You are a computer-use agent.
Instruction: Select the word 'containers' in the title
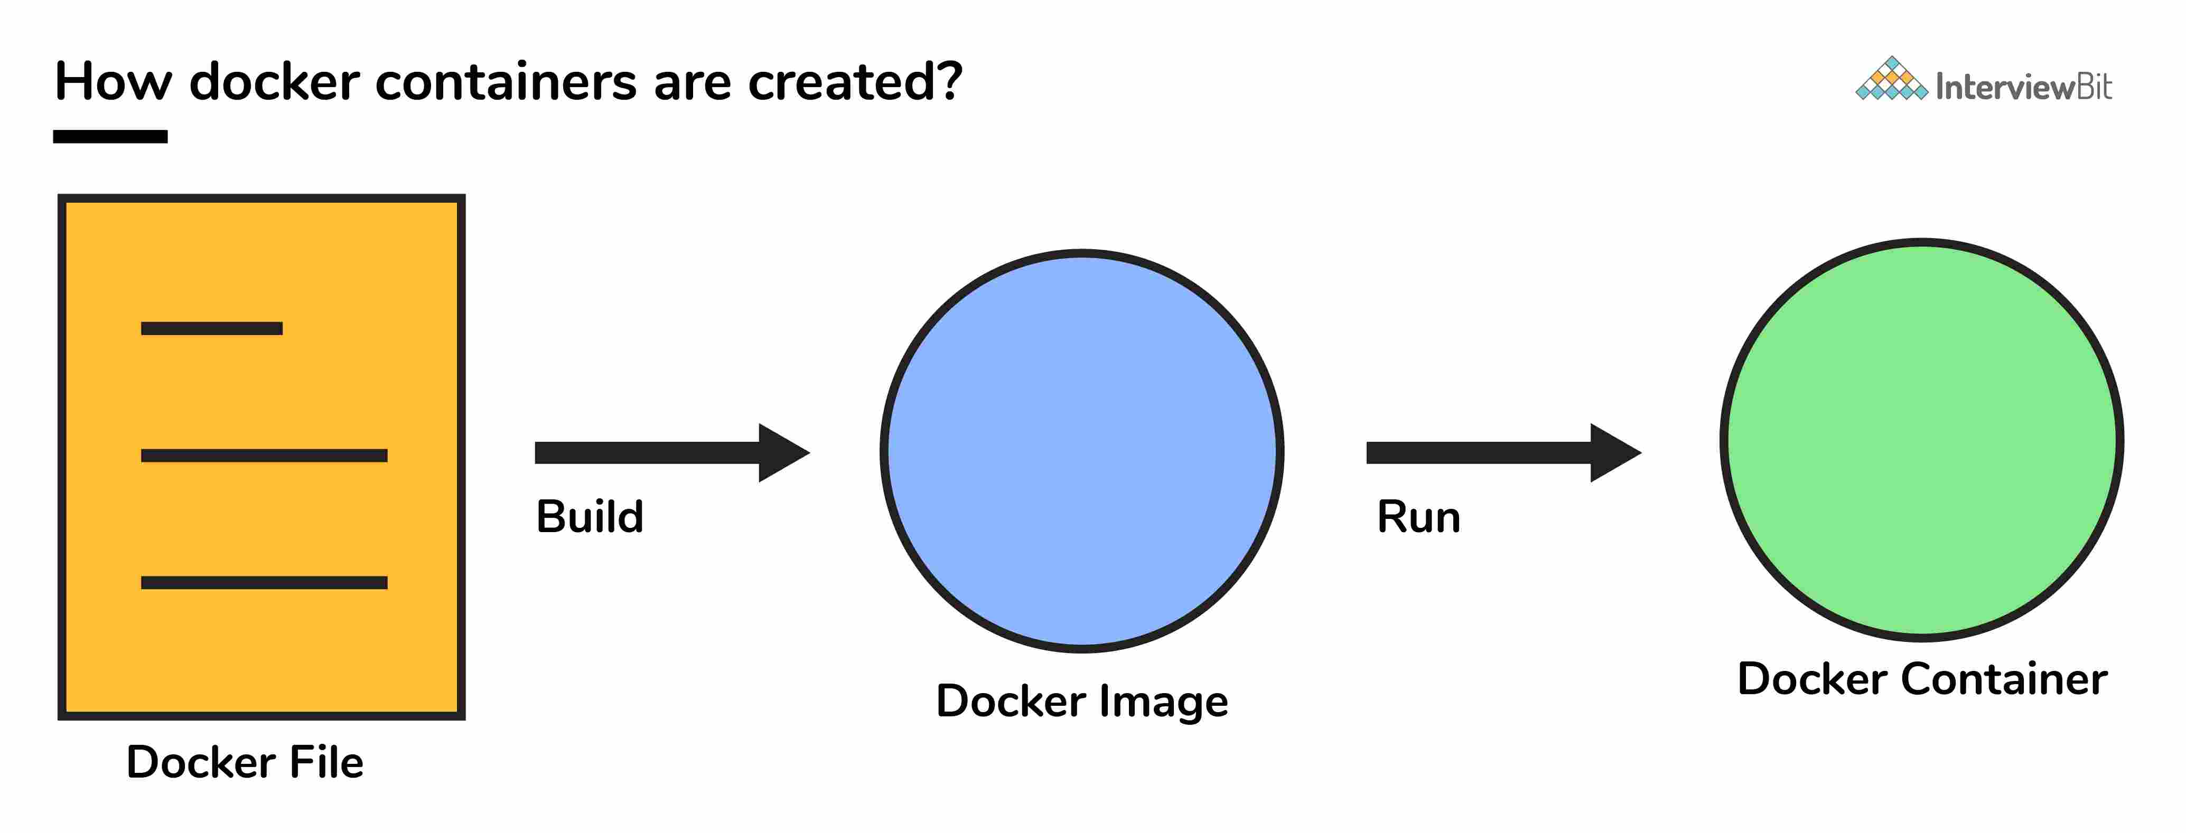pyautogui.click(x=506, y=82)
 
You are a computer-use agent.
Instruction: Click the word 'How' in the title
pyautogui.click(x=113, y=82)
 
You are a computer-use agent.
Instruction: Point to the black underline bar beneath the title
pyautogui.click(x=110, y=137)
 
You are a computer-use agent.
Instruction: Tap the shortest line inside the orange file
pyautogui.click(x=211, y=328)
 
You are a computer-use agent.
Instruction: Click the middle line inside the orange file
pyautogui.click(x=264, y=456)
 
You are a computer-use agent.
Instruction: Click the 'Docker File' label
pyautogui.click(x=245, y=762)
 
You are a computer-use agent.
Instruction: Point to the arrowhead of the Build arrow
pyautogui.click(x=782, y=453)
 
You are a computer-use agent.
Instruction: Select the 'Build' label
pyautogui.click(x=590, y=517)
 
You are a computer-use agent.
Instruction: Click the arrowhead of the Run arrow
pyautogui.click(x=1614, y=453)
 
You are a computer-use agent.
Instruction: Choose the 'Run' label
pyautogui.click(x=1418, y=517)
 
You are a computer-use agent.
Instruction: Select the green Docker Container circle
pyautogui.click(x=1921, y=439)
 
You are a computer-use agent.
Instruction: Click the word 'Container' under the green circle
pyautogui.click(x=2003, y=679)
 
